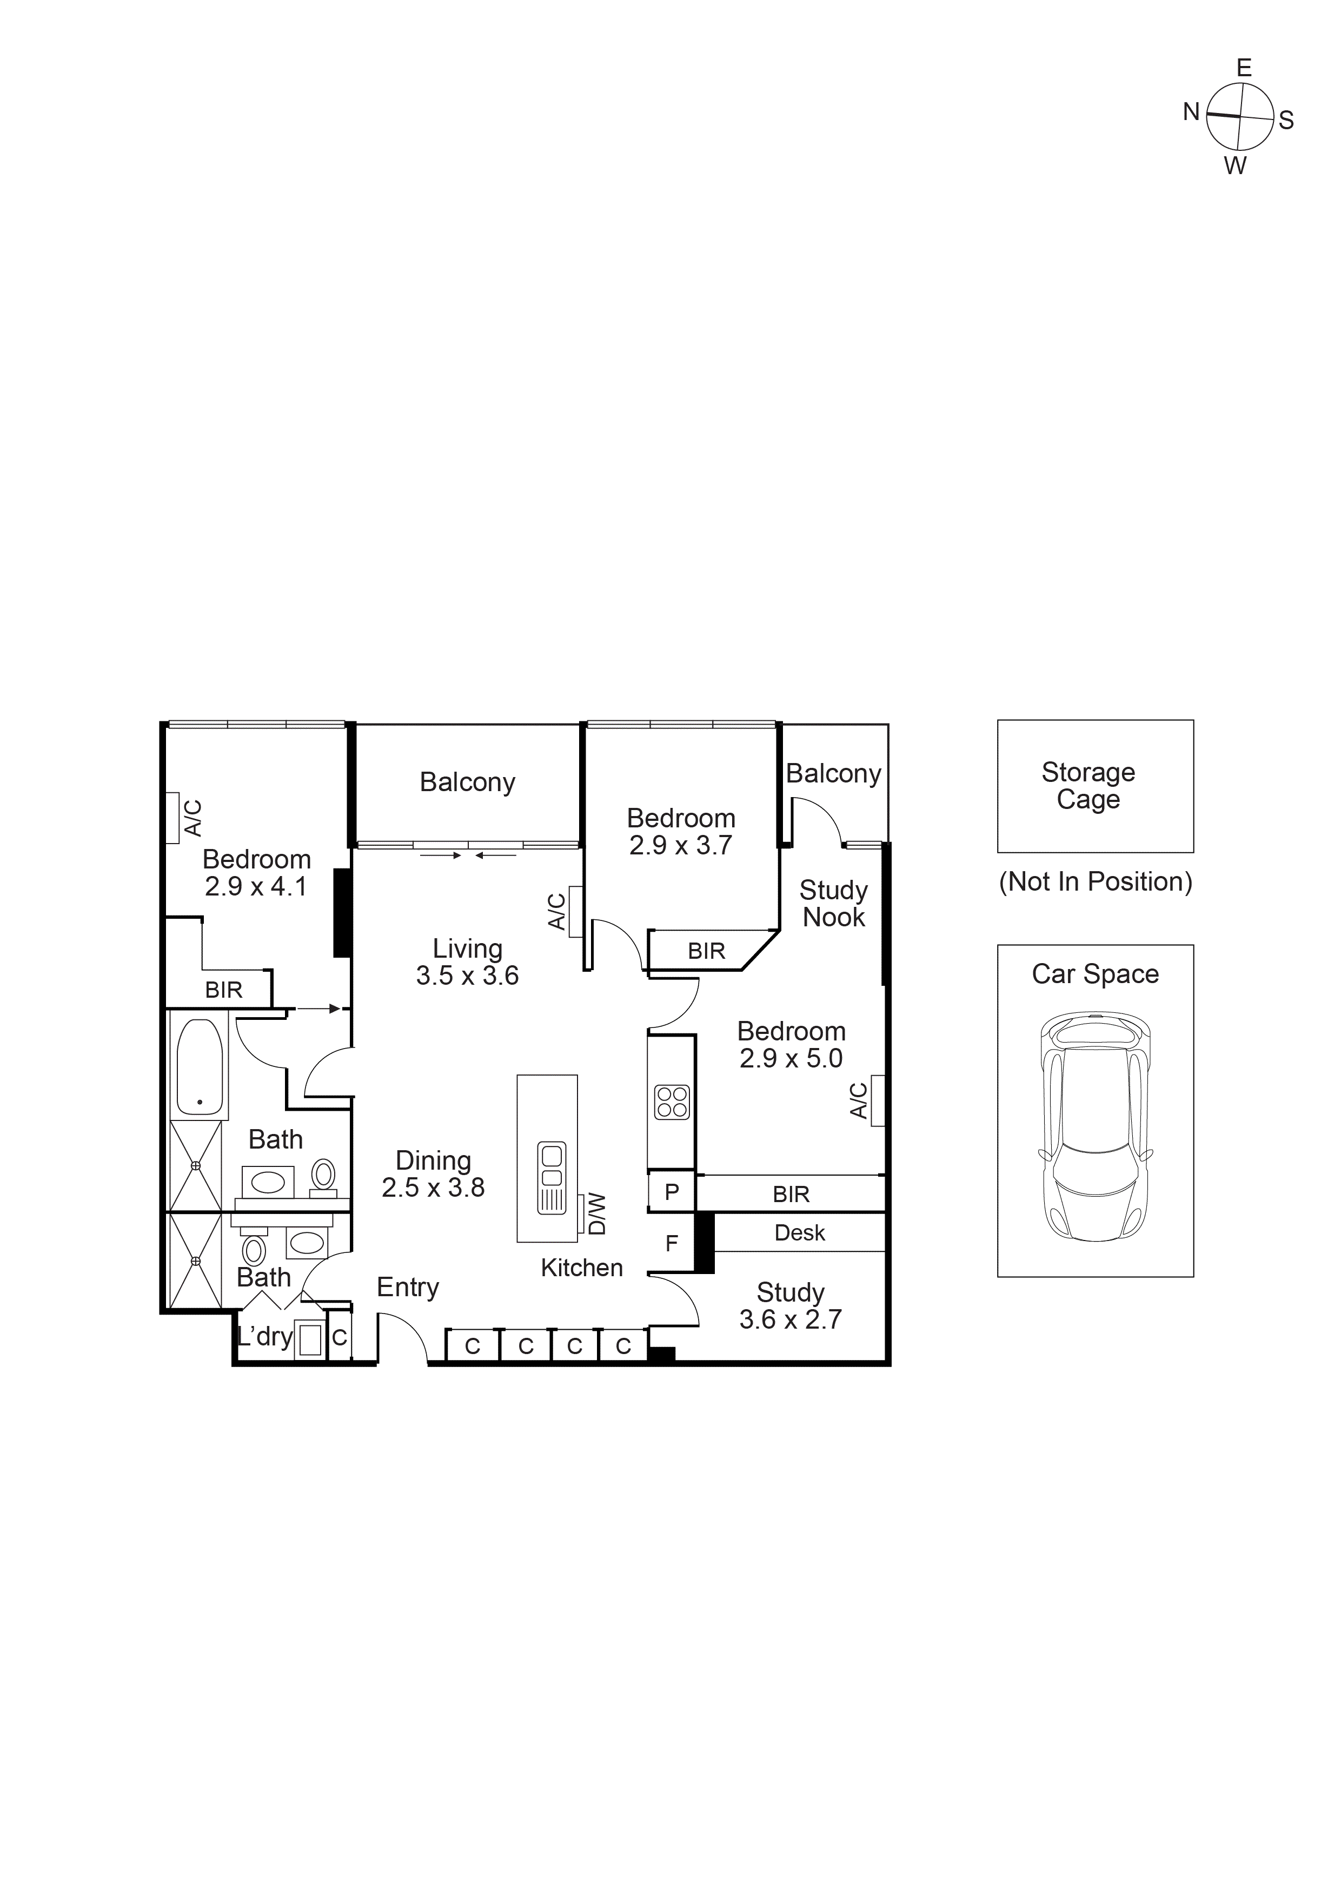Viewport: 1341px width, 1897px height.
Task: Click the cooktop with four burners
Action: point(672,1102)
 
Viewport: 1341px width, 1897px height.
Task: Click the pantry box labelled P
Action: point(672,1192)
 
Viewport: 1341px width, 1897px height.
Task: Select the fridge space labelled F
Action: point(672,1243)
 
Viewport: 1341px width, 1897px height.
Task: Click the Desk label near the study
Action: point(799,1233)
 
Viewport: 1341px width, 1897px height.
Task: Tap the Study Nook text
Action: point(834,903)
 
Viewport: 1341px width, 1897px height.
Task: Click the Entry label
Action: point(407,1286)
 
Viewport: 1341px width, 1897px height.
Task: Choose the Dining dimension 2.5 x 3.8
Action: point(433,1188)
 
